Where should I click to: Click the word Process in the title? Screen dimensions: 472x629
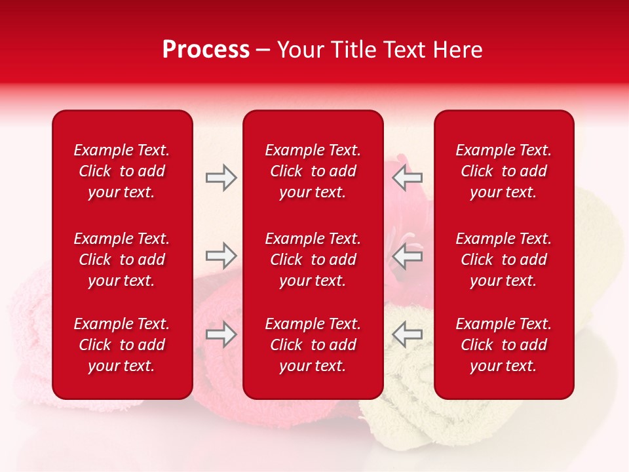coord(206,50)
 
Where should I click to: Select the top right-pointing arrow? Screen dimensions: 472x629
coord(221,178)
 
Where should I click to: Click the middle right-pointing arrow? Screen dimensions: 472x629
coord(221,255)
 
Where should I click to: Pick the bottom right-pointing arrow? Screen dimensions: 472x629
coord(221,334)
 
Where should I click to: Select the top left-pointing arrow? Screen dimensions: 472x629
coord(408,178)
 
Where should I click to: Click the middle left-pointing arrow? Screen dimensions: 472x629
coord(408,255)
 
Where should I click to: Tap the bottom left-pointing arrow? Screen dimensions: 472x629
coord(408,334)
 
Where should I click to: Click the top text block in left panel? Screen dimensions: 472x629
coord(122,171)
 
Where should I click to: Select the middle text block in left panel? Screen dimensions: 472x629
coord(122,260)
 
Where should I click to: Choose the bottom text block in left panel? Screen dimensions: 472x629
coord(122,345)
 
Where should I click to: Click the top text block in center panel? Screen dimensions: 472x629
coord(313,171)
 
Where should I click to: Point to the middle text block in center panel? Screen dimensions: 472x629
coord(313,260)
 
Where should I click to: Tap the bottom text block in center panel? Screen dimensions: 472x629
coord(313,345)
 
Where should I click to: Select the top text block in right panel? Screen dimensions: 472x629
coord(503,171)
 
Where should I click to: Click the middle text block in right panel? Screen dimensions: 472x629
coord(503,260)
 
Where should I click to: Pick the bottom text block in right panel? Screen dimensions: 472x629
coord(503,345)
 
